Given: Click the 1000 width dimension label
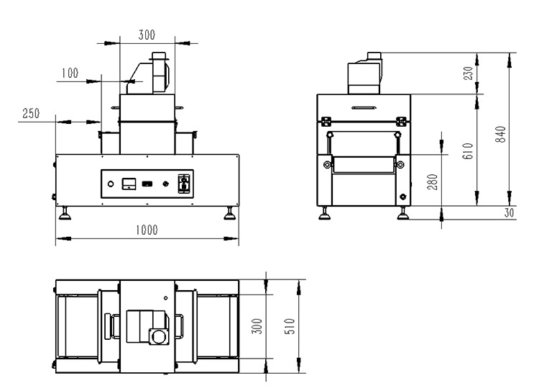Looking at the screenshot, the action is click(x=147, y=230).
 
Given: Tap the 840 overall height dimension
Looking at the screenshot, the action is click(x=500, y=135).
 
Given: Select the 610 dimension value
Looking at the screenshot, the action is click(x=468, y=150).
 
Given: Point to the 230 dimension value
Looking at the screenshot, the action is click(x=468, y=73).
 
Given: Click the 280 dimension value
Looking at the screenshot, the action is click(x=433, y=182).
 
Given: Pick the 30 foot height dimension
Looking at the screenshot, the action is click(x=509, y=212).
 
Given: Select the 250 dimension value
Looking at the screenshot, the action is click(x=31, y=113).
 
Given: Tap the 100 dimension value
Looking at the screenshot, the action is click(x=70, y=73).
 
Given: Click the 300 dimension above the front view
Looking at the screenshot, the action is click(x=147, y=35).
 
